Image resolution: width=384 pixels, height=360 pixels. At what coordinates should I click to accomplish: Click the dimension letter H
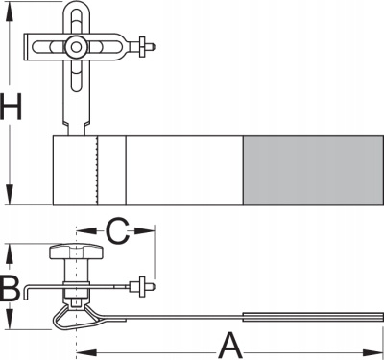(11, 107)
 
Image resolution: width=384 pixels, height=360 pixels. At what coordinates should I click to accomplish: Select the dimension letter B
(11, 290)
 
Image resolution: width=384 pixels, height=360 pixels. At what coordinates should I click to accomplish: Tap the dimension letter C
(118, 230)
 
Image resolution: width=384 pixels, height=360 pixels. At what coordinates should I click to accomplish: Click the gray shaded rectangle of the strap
(313, 171)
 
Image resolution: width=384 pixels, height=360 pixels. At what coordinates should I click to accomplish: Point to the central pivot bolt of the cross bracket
(76, 47)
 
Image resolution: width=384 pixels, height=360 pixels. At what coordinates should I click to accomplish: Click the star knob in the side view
(76, 252)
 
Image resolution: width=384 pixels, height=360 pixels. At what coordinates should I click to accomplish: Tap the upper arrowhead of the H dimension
(11, 12)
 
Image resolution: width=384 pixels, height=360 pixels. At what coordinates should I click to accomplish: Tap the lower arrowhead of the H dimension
(11, 196)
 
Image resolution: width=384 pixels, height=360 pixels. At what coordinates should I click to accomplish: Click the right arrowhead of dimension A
(372, 352)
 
